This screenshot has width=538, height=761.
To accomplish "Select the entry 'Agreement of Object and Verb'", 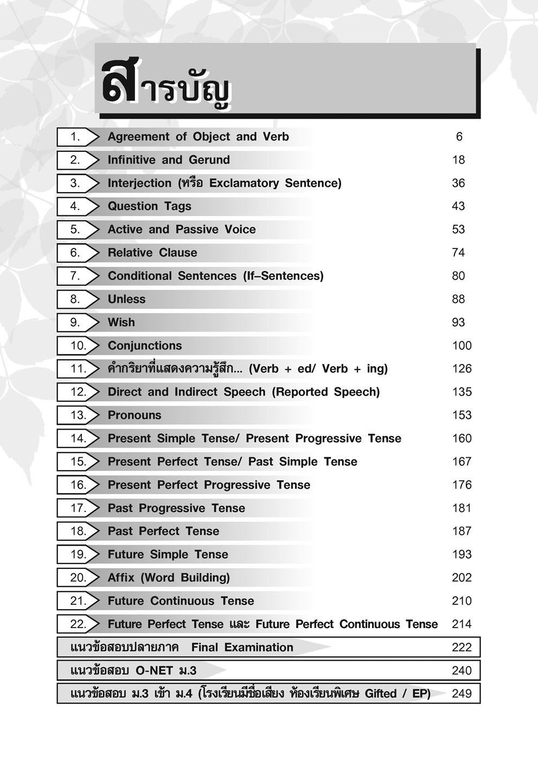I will [198, 137].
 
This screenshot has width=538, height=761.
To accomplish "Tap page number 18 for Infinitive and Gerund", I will [458, 160].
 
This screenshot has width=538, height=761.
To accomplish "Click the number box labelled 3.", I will [75, 183].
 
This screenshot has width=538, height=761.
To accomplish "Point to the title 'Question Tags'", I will [149, 206].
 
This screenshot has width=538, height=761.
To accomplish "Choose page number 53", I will [458, 229].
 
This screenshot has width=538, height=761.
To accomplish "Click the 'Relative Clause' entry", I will [152, 253].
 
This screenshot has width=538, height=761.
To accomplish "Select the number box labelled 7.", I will [75, 276].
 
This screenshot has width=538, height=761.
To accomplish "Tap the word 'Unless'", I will [126, 299].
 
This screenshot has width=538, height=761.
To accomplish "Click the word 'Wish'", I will [121, 323].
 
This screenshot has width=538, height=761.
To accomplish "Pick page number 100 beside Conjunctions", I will [462, 346].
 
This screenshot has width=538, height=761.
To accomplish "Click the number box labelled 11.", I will [78, 369].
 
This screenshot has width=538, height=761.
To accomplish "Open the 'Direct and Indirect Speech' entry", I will [244, 392].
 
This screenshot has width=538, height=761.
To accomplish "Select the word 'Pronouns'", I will [134, 415].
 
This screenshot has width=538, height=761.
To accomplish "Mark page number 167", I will [462, 462].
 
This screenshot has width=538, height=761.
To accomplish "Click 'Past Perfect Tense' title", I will [163, 532].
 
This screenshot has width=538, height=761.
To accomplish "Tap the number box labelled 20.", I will [78, 578].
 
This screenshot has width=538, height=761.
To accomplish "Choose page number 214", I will [462, 624].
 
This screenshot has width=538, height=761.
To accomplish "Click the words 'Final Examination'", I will [242, 648].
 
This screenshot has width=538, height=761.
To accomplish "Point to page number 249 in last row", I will [462, 694].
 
